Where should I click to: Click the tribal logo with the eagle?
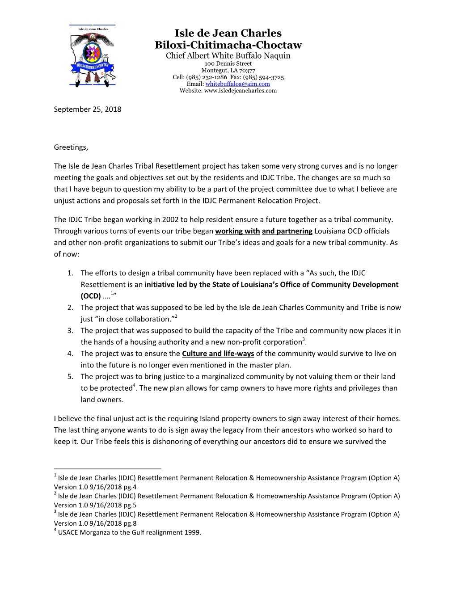[x=93, y=55]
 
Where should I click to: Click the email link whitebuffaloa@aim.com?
[x=237, y=84]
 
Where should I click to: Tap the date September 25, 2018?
[x=87, y=110]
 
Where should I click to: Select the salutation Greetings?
[x=71, y=147]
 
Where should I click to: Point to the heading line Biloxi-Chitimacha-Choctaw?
[x=228, y=45]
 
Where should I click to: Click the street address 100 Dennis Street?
[x=228, y=64]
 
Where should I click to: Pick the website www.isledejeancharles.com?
[x=240, y=91]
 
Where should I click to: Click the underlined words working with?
[x=237, y=231]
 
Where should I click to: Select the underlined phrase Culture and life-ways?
[x=218, y=354]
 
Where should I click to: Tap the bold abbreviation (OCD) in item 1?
[x=91, y=296]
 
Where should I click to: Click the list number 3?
[x=70, y=331]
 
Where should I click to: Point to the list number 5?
[x=70, y=377]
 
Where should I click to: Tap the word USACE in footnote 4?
[x=68, y=532]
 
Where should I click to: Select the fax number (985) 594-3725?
[x=263, y=77]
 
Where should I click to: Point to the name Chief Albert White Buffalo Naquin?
[x=228, y=56]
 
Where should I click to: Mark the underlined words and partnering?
[x=287, y=231]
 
